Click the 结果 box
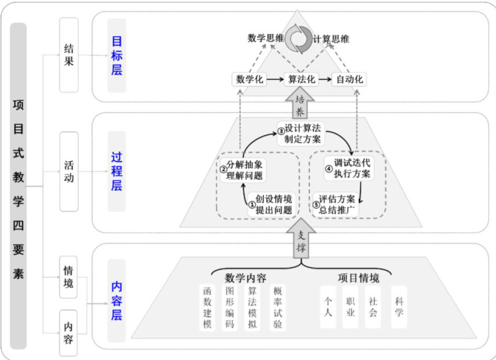click(x=68, y=54)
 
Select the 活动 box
click(x=68, y=171)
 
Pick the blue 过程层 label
click(x=117, y=171)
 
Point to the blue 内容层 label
click(x=117, y=300)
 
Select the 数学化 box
click(x=250, y=79)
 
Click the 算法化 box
click(x=302, y=79)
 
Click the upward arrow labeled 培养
click(x=300, y=104)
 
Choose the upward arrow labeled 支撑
click(x=300, y=241)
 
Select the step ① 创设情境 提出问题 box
click(x=270, y=204)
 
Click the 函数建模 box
click(x=207, y=307)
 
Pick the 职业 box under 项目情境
click(x=350, y=307)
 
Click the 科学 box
click(x=399, y=307)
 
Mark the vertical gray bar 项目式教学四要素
click(x=18, y=186)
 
